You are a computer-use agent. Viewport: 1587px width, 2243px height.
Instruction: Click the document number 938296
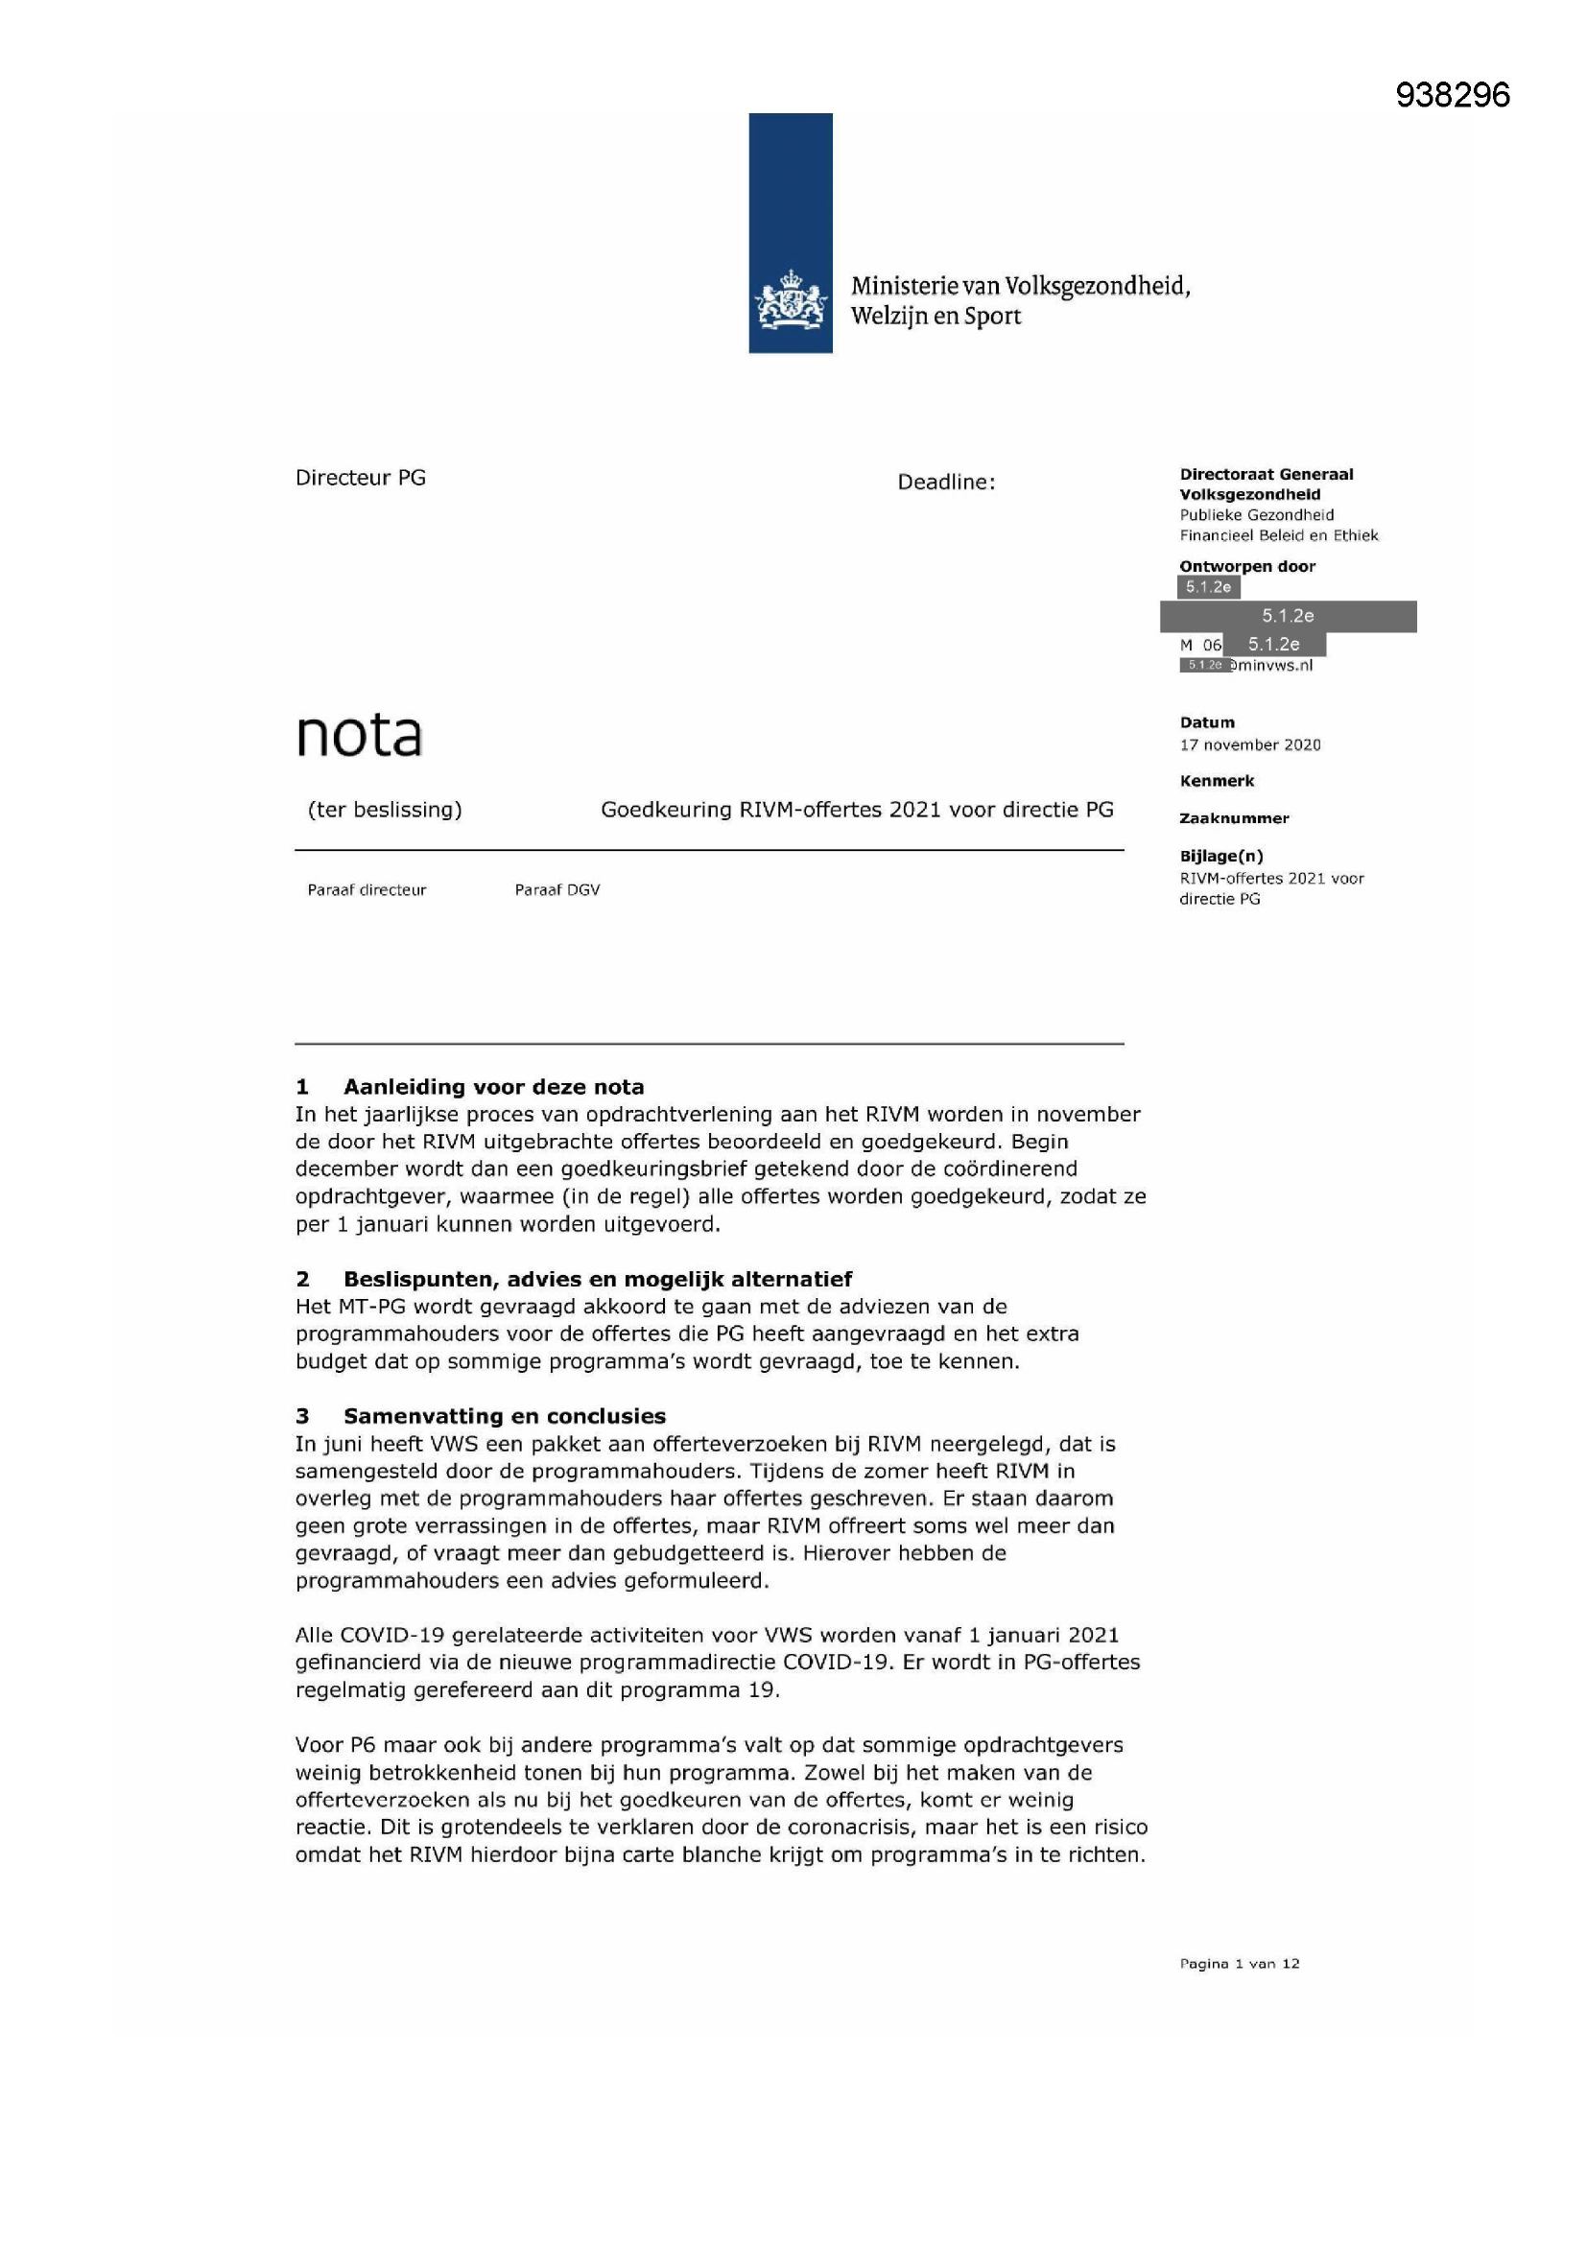(x=1452, y=95)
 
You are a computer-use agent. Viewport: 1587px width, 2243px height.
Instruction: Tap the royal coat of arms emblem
(x=790, y=301)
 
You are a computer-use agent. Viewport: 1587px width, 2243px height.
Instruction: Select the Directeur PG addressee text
(x=361, y=478)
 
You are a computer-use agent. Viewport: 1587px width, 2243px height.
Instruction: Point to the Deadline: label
(x=946, y=483)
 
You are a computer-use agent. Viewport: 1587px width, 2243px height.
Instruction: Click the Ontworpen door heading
(x=1247, y=567)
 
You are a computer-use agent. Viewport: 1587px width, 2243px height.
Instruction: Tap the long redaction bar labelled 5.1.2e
(x=1288, y=617)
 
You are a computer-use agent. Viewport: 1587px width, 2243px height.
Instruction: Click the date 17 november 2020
(x=1250, y=745)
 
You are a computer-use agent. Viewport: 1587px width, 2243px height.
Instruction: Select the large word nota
(x=359, y=735)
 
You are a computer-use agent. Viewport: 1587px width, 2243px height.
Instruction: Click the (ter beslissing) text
(x=384, y=810)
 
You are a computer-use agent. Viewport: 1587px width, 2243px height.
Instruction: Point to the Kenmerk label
(x=1217, y=782)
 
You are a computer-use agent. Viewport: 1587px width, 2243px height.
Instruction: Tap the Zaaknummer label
(x=1233, y=818)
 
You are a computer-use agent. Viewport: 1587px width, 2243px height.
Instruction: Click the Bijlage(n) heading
(x=1220, y=857)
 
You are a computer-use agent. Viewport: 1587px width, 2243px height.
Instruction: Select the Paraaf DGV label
(x=557, y=890)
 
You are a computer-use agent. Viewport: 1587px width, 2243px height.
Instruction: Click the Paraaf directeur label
(x=367, y=890)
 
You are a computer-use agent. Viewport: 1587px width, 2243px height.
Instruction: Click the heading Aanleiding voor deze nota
(x=493, y=1087)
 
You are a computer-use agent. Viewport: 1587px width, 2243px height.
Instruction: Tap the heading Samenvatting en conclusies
(x=505, y=1417)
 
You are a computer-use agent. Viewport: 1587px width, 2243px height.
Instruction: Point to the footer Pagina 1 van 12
(x=1239, y=1964)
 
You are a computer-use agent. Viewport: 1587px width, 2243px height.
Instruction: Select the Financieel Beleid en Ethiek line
(x=1278, y=535)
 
